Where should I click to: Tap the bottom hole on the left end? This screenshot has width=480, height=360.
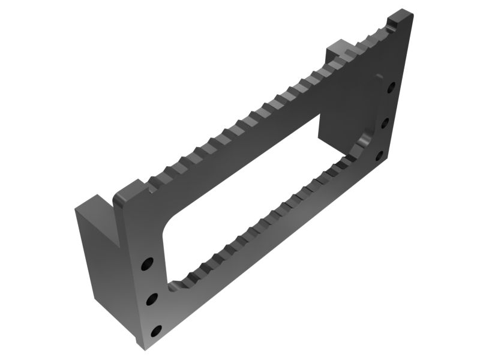pos(156,331)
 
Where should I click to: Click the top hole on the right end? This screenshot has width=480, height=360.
pos(391,88)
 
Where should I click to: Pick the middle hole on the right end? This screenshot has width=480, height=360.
pos(385,123)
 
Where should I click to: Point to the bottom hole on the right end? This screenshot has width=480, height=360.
pos(379,157)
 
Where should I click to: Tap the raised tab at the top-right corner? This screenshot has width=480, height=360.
pos(400,18)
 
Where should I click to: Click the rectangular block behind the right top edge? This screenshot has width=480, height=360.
pos(339,50)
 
